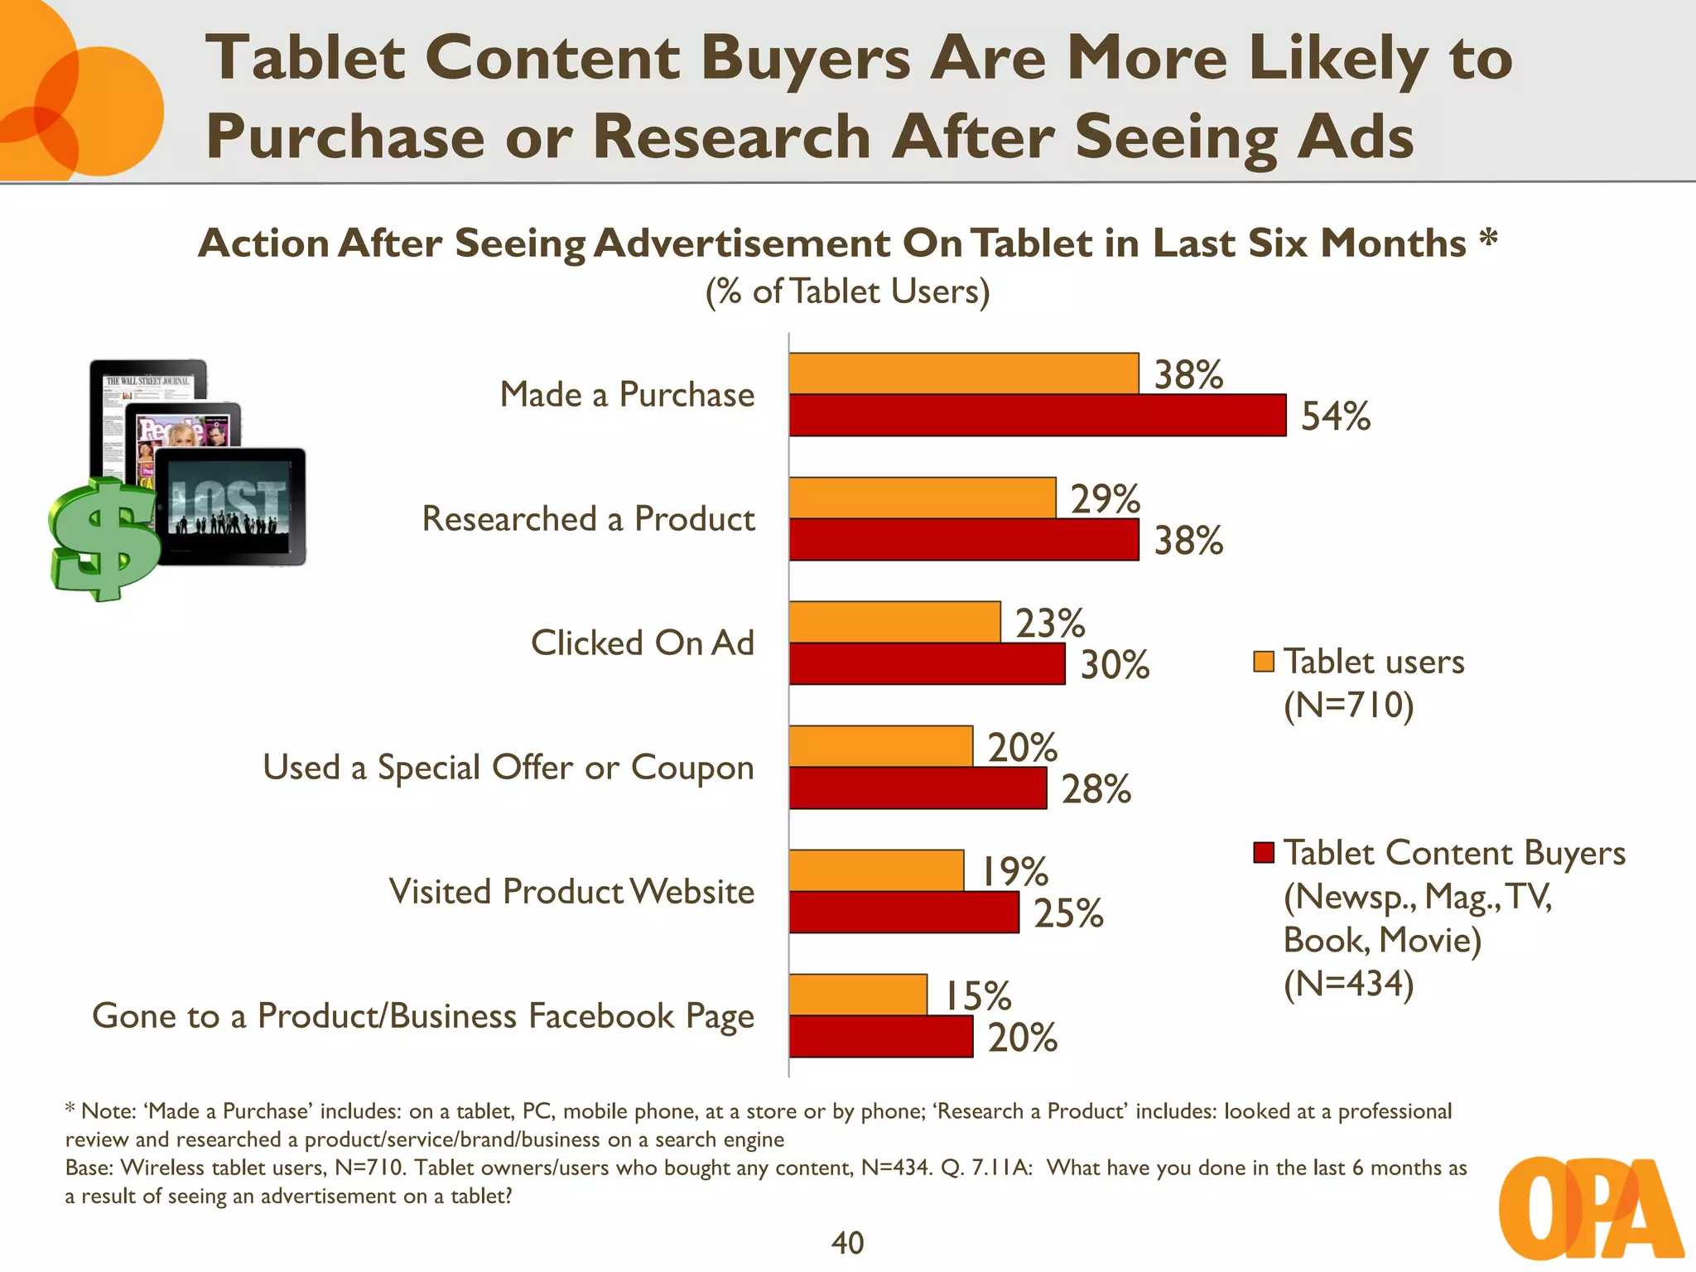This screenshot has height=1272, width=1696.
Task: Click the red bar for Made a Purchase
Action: click(1037, 415)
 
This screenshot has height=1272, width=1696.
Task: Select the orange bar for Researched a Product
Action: click(922, 498)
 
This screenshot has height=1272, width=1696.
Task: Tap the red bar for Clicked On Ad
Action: click(927, 664)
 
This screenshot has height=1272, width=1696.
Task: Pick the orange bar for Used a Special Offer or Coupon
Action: click(880, 746)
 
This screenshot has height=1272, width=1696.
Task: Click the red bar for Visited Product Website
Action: click(903, 913)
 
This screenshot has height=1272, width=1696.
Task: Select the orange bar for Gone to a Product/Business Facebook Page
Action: click(858, 995)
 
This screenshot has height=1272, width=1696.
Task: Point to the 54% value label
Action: click(1335, 416)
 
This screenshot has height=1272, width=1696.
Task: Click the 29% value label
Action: click(1105, 499)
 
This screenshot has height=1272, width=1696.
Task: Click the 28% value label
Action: click(1096, 788)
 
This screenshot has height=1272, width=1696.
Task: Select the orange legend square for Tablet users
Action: click(1263, 662)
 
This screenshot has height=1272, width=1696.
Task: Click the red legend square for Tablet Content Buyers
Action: click(1263, 852)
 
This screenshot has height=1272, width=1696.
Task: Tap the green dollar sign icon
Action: click(104, 538)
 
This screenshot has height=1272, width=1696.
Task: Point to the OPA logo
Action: click(1590, 1209)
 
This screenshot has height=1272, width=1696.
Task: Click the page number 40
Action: click(847, 1242)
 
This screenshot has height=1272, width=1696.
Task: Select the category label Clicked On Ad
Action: click(642, 643)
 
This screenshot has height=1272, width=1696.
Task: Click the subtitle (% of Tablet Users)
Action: click(847, 291)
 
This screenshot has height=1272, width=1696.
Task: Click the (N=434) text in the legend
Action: click(1348, 984)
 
